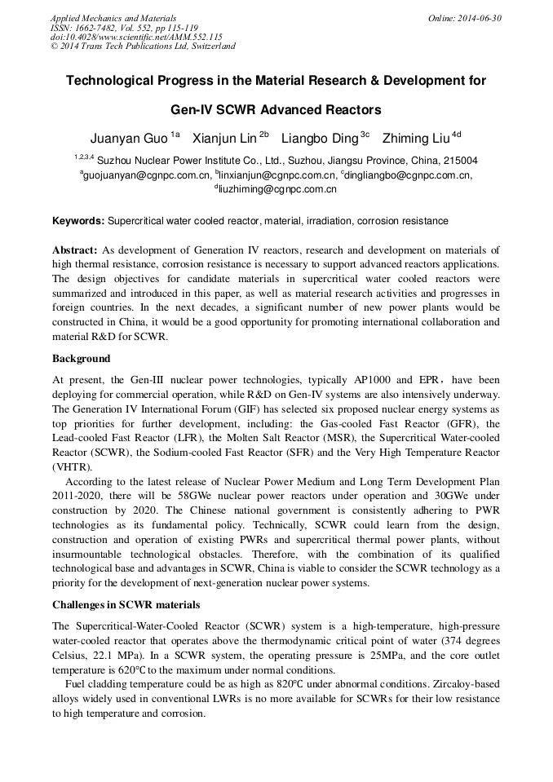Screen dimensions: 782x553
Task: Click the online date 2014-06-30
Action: [476, 18]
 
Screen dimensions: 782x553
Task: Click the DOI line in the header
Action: [135, 37]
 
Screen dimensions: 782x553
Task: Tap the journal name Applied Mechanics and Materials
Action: [113, 18]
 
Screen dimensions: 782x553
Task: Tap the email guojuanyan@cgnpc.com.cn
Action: [146, 175]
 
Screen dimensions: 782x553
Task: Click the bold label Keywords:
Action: [78, 221]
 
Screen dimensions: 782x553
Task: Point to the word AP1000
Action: [375, 380]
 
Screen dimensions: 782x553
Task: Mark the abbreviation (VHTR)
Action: [72, 468]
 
